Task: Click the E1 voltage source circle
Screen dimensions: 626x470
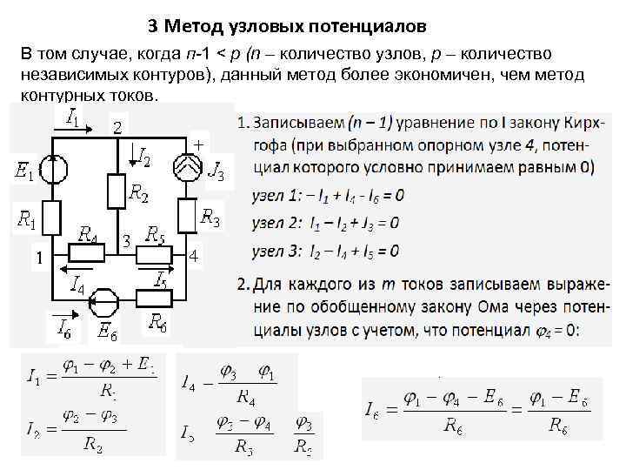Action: pyautogui.click(x=54, y=169)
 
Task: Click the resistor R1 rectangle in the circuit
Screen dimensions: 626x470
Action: pyautogui.click(x=54, y=218)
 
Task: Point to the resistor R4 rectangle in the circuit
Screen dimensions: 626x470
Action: pyautogui.click(x=87, y=253)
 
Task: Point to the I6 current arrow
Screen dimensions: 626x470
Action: pyautogui.click(x=63, y=315)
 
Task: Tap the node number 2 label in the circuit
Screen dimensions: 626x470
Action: pyautogui.click(x=117, y=128)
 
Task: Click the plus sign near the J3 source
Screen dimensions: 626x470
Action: pyautogui.click(x=199, y=144)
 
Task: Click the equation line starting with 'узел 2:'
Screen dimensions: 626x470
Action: pyautogui.click(x=325, y=223)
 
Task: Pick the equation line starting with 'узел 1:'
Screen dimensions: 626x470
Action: pyautogui.click(x=328, y=195)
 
